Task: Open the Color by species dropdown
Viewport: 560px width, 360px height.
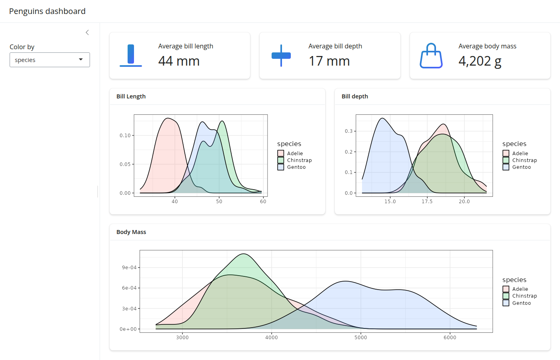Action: (x=50, y=60)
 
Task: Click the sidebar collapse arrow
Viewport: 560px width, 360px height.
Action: (x=87, y=32)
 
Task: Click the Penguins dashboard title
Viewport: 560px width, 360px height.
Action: (x=47, y=11)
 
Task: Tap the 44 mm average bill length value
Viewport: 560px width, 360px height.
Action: (x=179, y=61)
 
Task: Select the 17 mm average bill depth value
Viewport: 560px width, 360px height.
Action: (x=329, y=61)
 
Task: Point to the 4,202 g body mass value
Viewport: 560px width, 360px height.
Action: (x=480, y=61)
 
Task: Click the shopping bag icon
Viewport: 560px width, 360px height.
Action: (x=431, y=56)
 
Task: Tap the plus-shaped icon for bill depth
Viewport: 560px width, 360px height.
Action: (x=281, y=56)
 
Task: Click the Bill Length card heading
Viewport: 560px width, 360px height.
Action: (x=131, y=96)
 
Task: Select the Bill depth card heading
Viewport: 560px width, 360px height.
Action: (x=355, y=96)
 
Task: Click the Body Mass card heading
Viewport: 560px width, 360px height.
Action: (x=131, y=232)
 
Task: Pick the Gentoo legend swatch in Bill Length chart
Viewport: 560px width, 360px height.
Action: (x=281, y=167)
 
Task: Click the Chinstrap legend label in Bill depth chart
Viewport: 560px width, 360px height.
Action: (x=524, y=160)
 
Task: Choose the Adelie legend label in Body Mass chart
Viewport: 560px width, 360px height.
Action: (x=520, y=289)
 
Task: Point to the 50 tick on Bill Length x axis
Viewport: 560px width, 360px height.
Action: (x=219, y=202)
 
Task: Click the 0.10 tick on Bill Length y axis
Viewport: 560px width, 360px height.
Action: (x=125, y=136)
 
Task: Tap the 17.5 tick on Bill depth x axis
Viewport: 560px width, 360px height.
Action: (x=427, y=202)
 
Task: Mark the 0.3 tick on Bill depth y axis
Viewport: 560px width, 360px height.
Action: (x=348, y=131)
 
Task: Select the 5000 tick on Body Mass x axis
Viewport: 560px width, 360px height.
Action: (x=361, y=338)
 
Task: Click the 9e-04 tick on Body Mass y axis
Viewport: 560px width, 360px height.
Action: (x=129, y=268)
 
